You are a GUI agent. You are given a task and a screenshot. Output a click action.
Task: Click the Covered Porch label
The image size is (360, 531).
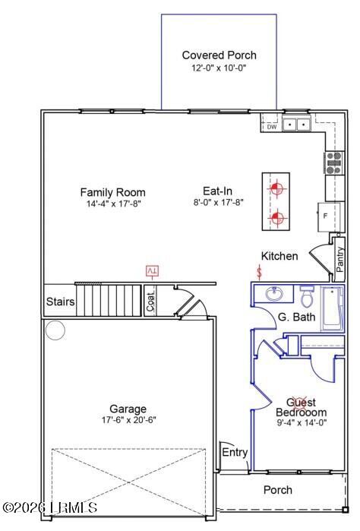(219, 55)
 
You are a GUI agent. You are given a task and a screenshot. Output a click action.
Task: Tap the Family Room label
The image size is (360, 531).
(112, 192)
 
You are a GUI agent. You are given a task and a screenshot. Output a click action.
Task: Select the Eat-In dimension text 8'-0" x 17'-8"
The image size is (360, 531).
(218, 203)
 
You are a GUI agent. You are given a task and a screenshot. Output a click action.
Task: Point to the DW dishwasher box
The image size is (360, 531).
(271, 127)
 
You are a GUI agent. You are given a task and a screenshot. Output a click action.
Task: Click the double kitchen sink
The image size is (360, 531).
(296, 125)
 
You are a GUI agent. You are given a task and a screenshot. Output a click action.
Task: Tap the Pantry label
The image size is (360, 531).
(339, 256)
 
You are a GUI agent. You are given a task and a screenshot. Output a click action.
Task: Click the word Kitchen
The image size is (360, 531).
(279, 257)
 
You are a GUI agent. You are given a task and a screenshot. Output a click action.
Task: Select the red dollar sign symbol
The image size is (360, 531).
(261, 271)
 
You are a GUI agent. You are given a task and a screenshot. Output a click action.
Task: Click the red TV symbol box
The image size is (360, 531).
(152, 271)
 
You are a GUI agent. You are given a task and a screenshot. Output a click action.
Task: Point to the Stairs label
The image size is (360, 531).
(61, 302)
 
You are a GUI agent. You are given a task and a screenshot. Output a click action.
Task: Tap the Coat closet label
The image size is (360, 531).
(150, 302)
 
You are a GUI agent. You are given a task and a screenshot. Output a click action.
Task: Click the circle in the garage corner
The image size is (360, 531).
(55, 330)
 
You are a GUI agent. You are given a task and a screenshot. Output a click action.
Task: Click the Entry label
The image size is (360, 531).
(235, 453)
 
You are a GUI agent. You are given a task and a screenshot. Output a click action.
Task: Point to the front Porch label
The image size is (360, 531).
(277, 490)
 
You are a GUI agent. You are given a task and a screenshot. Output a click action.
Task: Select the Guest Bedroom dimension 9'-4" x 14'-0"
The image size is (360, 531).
(301, 423)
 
